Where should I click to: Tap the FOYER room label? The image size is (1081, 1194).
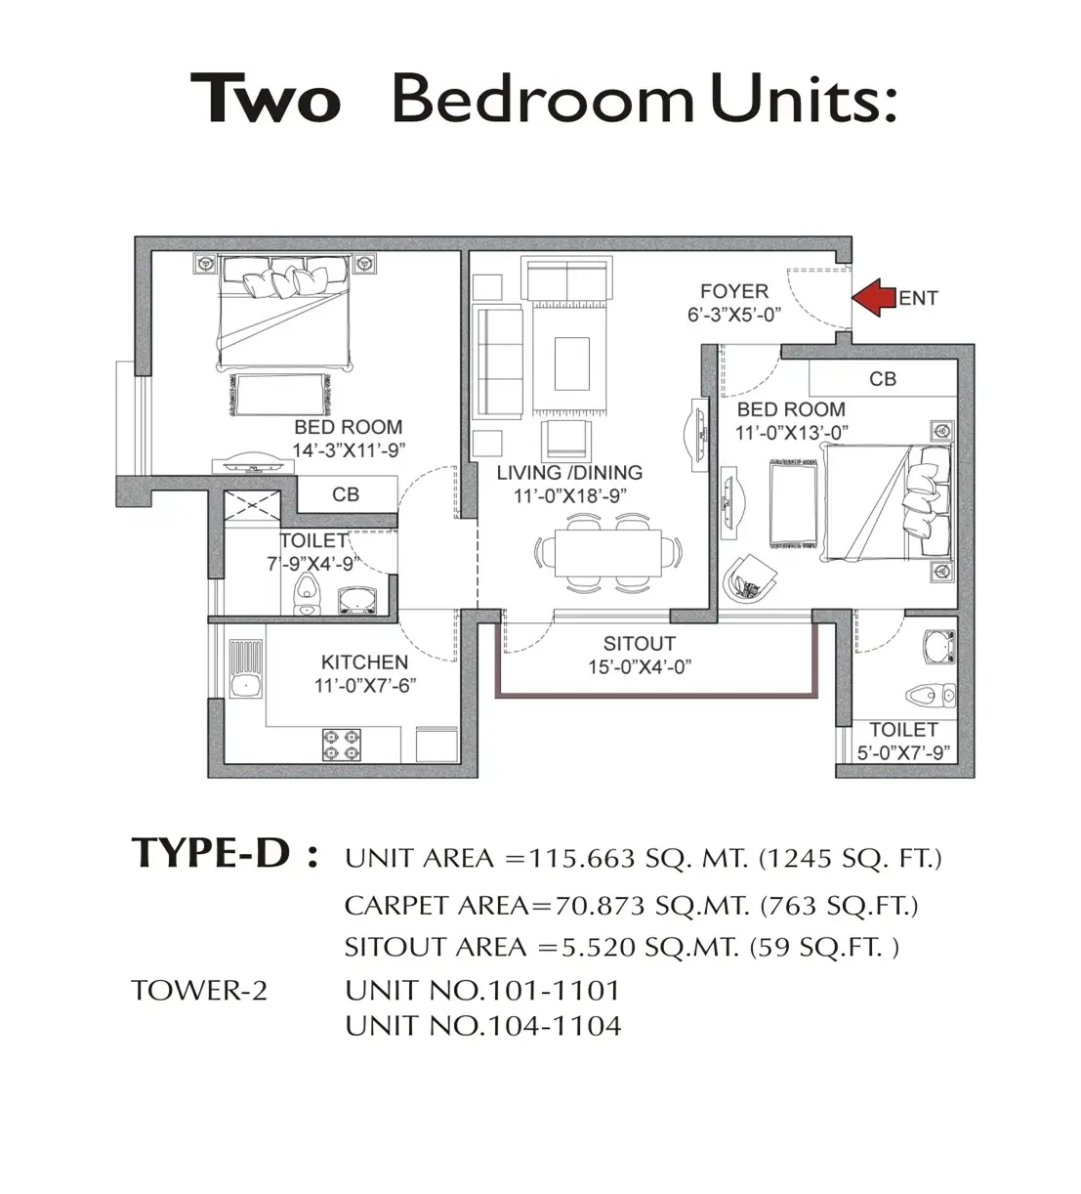point(734,291)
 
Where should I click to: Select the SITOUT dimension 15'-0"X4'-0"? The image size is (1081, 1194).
point(640,667)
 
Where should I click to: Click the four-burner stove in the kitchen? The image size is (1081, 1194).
point(342,745)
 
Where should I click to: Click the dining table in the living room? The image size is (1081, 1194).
point(608,554)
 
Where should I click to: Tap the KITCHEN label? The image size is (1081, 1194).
point(364,661)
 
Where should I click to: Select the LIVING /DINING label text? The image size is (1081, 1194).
point(569,473)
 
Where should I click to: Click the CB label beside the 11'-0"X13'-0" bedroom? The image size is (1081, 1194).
point(883,379)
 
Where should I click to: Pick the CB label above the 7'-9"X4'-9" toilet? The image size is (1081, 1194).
point(346,494)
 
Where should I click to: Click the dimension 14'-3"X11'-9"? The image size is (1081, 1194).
point(349,450)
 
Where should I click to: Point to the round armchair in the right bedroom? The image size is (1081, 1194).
point(750,579)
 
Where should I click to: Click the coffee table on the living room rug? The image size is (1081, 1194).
point(572,363)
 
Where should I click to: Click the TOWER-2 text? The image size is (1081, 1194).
point(199,991)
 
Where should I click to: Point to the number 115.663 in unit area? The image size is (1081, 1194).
point(582,858)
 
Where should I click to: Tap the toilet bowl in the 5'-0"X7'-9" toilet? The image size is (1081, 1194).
point(931,695)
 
